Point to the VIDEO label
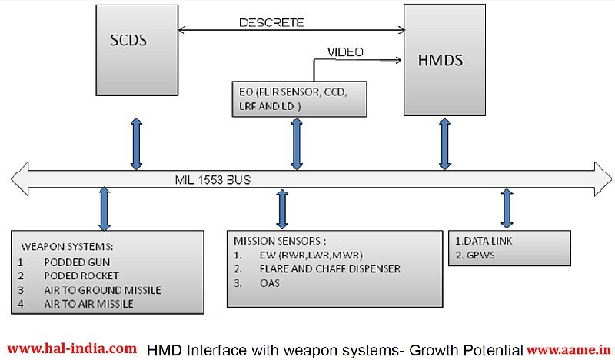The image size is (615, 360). click(346, 52)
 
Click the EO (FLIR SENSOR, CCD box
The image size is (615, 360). click(299, 98)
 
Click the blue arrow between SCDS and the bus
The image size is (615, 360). click(136, 143)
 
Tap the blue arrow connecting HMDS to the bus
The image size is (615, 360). click(444, 144)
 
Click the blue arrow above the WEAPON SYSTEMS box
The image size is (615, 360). click(105, 208)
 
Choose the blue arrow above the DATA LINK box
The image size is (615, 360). click(507, 208)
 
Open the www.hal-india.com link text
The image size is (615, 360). click(72, 348)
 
